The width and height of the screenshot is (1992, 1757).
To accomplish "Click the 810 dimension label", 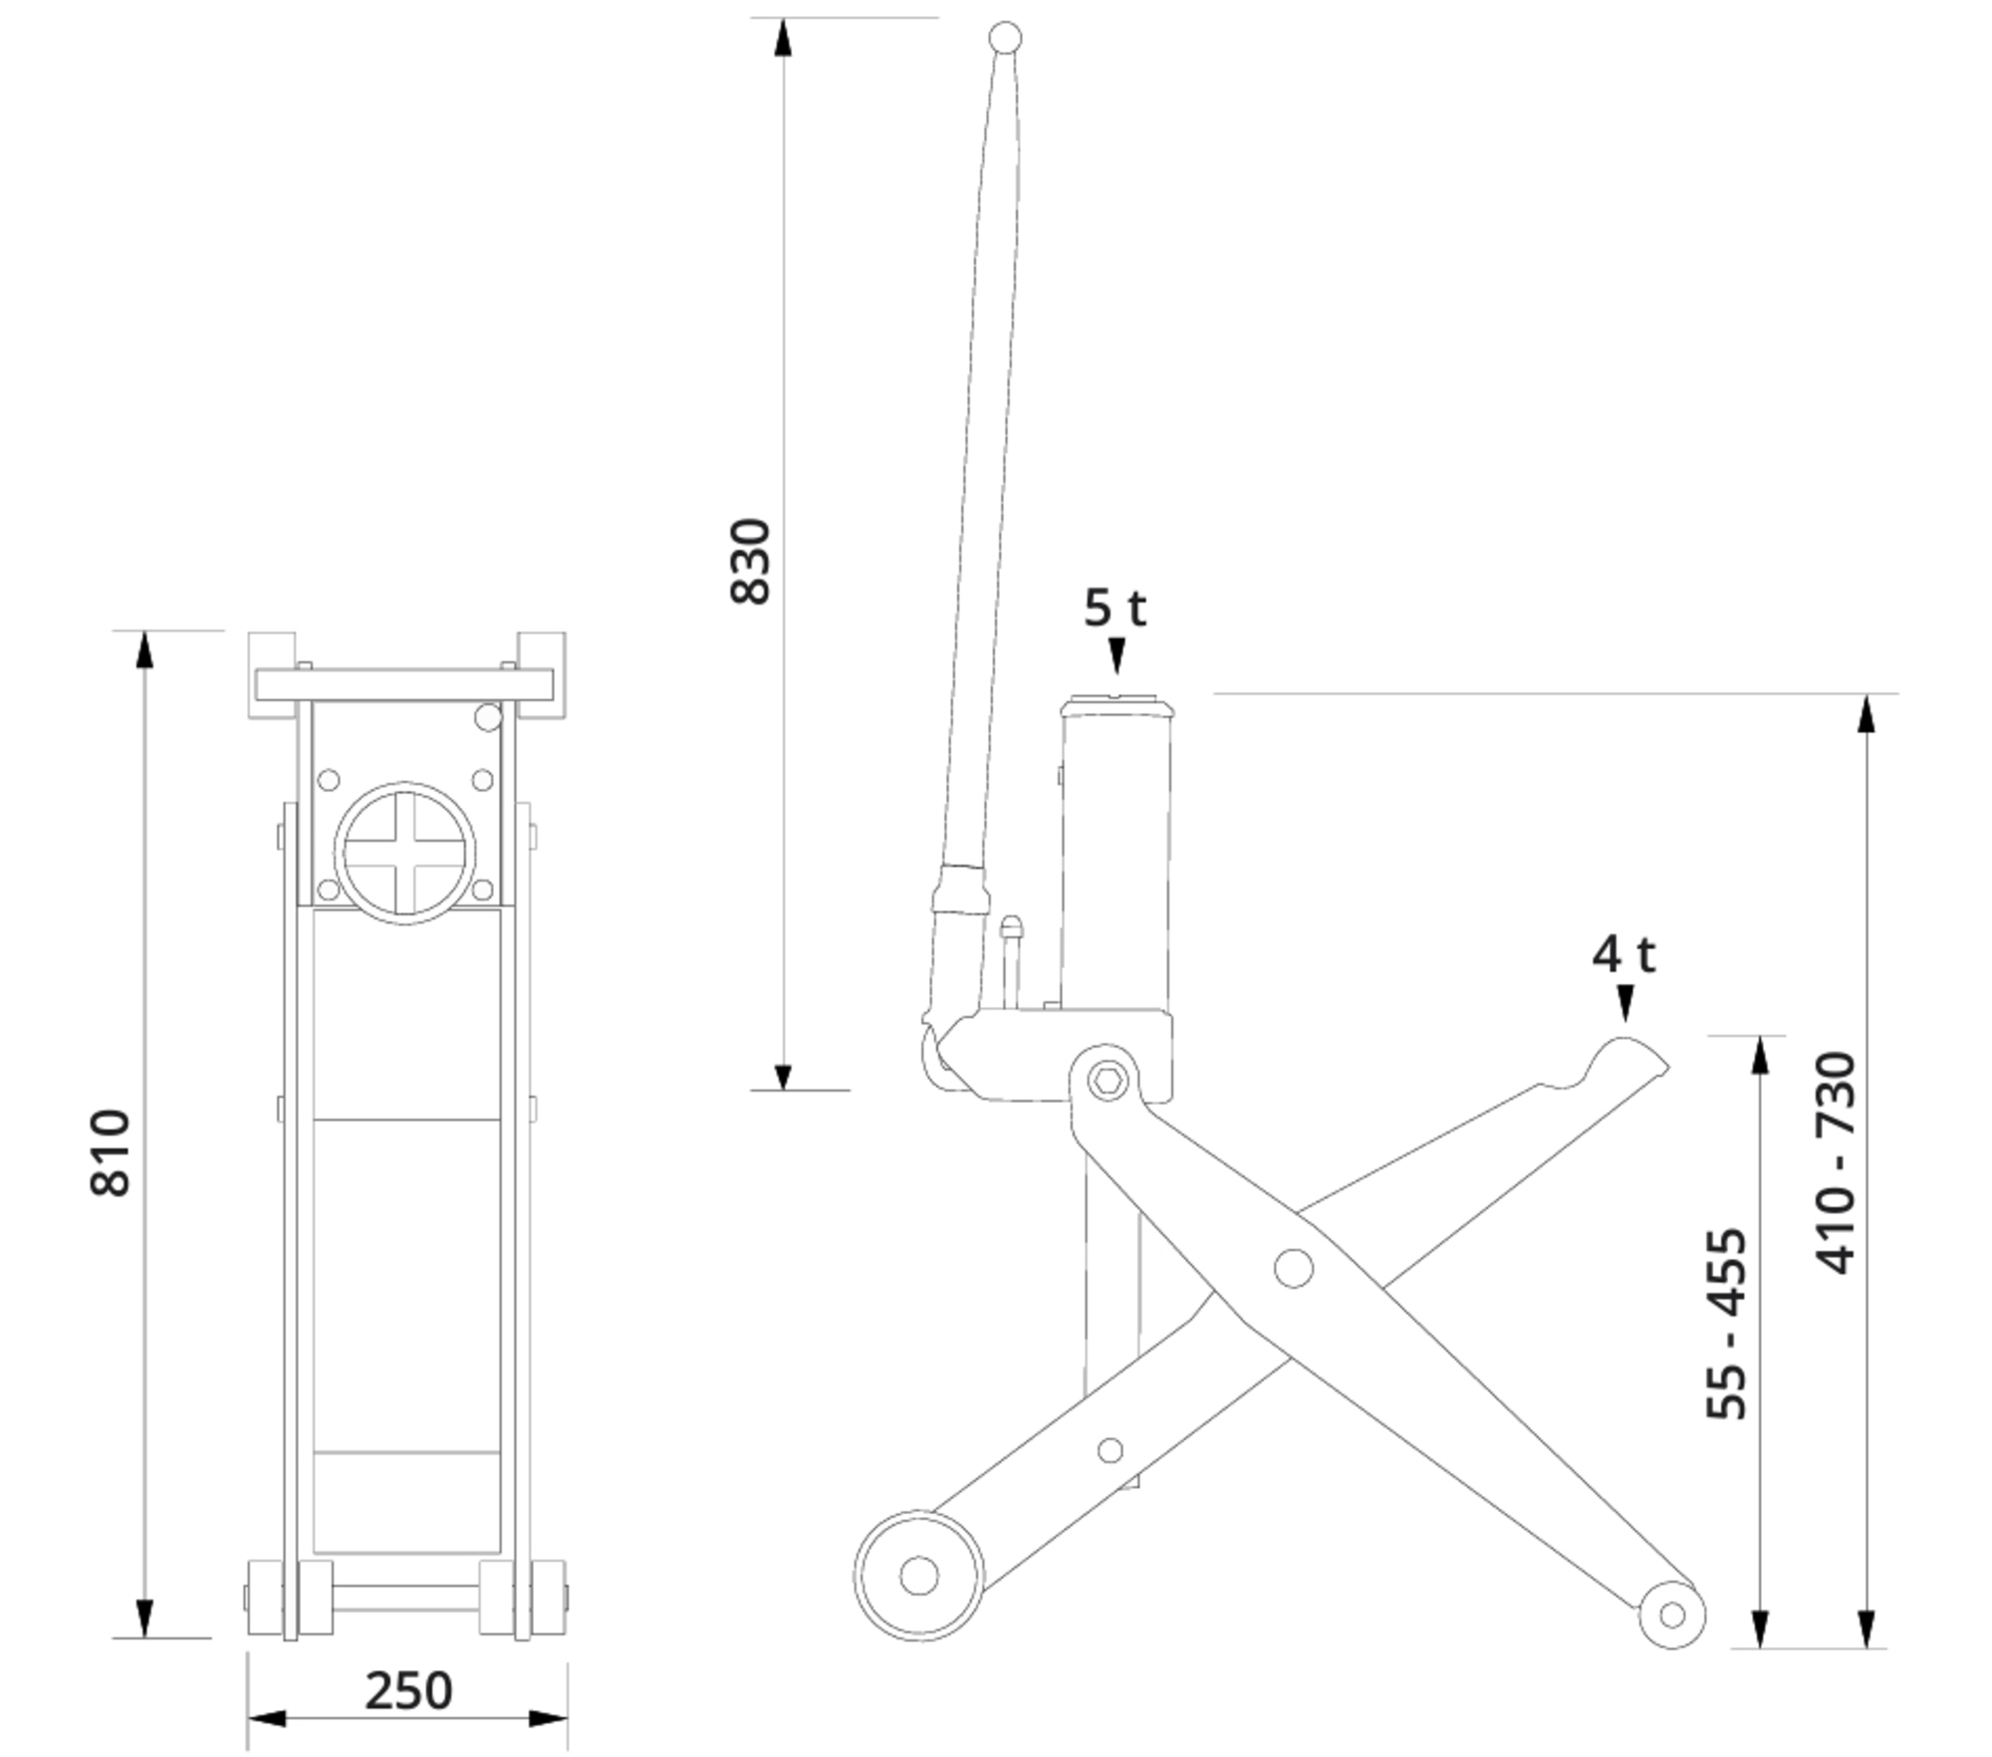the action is click(x=111, y=1152).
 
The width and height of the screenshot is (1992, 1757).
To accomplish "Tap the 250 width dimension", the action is click(x=408, y=1690).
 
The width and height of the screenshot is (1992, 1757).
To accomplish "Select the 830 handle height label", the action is click(x=751, y=561).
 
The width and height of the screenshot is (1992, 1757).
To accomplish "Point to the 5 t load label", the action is click(x=1115, y=608).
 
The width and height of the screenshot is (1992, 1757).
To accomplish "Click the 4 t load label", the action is click(x=1623, y=954).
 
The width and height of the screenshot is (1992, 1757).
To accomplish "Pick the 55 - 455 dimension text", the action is click(x=1727, y=1324).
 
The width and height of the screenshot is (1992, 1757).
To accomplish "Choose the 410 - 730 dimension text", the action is click(x=1836, y=1162).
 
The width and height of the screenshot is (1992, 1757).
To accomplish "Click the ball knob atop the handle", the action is click(x=1005, y=39).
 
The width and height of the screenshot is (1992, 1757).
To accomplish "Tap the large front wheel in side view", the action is click(x=918, y=1576).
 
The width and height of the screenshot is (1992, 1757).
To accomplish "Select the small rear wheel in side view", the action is click(x=1672, y=1615).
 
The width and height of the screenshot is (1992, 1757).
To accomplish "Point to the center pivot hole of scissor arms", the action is click(x=1294, y=1268).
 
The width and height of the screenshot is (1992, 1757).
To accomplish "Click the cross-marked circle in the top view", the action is click(x=403, y=853).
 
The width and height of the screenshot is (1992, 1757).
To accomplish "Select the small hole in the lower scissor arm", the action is click(x=1110, y=1450).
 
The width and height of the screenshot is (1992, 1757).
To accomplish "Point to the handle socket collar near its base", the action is click(x=961, y=889).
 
